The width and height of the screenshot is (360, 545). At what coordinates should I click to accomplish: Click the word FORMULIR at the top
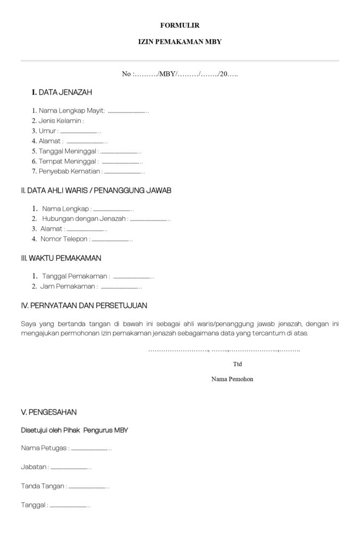[x=179, y=25]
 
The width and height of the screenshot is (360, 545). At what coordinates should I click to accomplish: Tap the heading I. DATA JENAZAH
[x=62, y=93]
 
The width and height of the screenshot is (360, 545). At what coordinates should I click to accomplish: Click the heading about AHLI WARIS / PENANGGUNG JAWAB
[x=96, y=190]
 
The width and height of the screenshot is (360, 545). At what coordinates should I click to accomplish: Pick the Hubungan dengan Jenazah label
[x=85, y=219]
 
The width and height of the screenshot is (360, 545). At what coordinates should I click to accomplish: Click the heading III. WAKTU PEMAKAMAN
[x=61, y=258]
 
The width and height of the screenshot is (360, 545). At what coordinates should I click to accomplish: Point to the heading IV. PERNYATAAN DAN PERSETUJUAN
[x=84, y=305]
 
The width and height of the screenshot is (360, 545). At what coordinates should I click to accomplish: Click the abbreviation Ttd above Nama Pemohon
[x=238, y=365]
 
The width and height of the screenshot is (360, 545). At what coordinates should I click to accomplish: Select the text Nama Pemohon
[x=232, y=379]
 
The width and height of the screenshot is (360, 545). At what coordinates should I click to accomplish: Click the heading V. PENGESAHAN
[x=48, y=412]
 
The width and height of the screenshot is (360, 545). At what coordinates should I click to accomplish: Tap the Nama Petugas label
[x=45, y=448]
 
